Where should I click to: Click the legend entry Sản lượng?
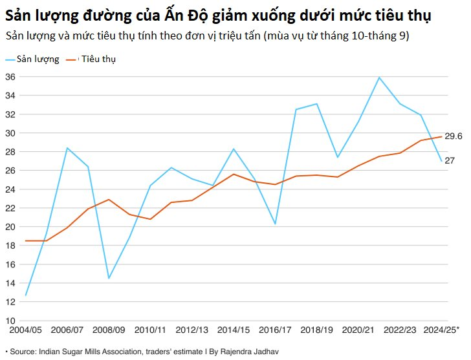[38, 59]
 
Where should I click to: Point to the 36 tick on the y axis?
[12, 77]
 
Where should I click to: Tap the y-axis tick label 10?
[12, 321]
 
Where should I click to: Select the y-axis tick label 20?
[12, 227]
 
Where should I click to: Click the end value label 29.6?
[453, 136]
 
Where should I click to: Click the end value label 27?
[450, 161]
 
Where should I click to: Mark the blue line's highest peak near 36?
[379, 78]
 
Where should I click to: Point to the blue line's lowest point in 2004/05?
[26, 295]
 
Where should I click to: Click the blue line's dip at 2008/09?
[109, 279]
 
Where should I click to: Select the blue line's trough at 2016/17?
[275, 224]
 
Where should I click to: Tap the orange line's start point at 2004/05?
[26, 240]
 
